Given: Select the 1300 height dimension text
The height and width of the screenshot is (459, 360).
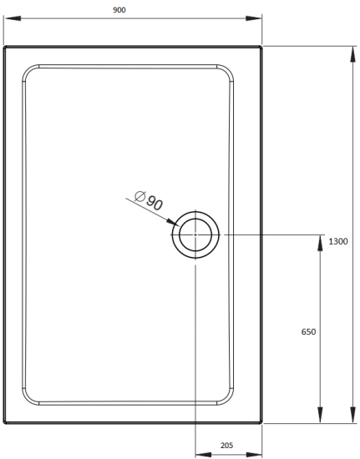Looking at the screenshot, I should click(338, 241).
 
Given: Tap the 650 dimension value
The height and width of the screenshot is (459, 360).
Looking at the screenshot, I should click(307, 332).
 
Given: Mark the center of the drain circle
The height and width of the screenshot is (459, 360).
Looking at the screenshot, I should click(195, 235).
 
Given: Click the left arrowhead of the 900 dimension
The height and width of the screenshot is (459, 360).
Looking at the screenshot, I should click(8, 18).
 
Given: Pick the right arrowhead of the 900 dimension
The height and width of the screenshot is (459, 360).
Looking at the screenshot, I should click(257, 18).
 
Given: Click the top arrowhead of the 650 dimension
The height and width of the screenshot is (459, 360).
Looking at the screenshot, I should click(320, 240).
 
